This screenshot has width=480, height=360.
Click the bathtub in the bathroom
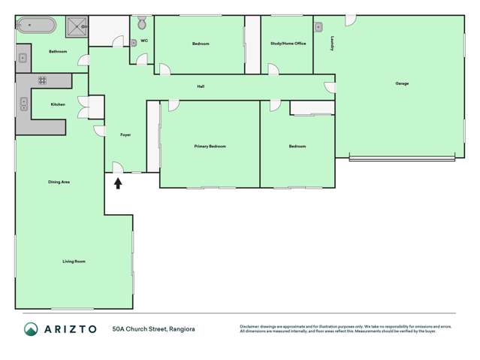(36, 26)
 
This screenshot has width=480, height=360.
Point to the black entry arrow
(118, 182)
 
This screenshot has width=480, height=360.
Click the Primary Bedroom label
(210, 146)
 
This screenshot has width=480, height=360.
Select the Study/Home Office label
(288, 44)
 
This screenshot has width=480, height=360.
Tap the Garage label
(402, 83)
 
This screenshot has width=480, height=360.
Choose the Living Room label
(74, 261)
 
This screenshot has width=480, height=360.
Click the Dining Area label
(59, 182)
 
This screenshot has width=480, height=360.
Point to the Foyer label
(125, 135)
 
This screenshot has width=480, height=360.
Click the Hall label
(201, 86)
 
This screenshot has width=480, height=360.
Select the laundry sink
(319, 27)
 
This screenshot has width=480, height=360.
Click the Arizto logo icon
(32, 328)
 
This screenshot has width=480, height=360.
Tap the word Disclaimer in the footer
(250, 326)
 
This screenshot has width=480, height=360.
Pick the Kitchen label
(58, 104)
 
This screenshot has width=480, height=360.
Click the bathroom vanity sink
(23, 57)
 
